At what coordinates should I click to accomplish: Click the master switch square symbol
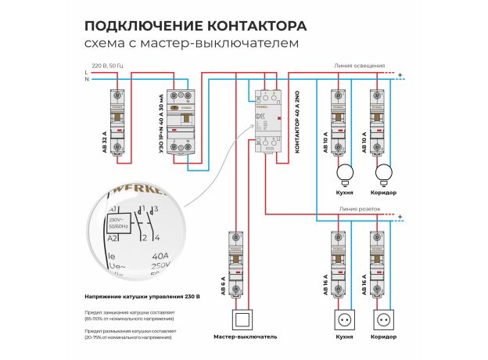[246, 321]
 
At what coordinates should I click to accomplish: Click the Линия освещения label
[359, 67]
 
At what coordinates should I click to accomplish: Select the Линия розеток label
[361, 210]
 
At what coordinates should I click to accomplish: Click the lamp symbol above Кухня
[344, 172]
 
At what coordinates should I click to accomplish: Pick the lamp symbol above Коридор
[384, 172]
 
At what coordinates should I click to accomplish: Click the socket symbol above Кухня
[344, 321]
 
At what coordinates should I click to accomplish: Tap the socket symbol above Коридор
[384, 321]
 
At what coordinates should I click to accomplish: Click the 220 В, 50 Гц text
[108, 65]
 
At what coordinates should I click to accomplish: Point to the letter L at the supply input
[86, 72]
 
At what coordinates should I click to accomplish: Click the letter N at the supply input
[86, 79]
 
